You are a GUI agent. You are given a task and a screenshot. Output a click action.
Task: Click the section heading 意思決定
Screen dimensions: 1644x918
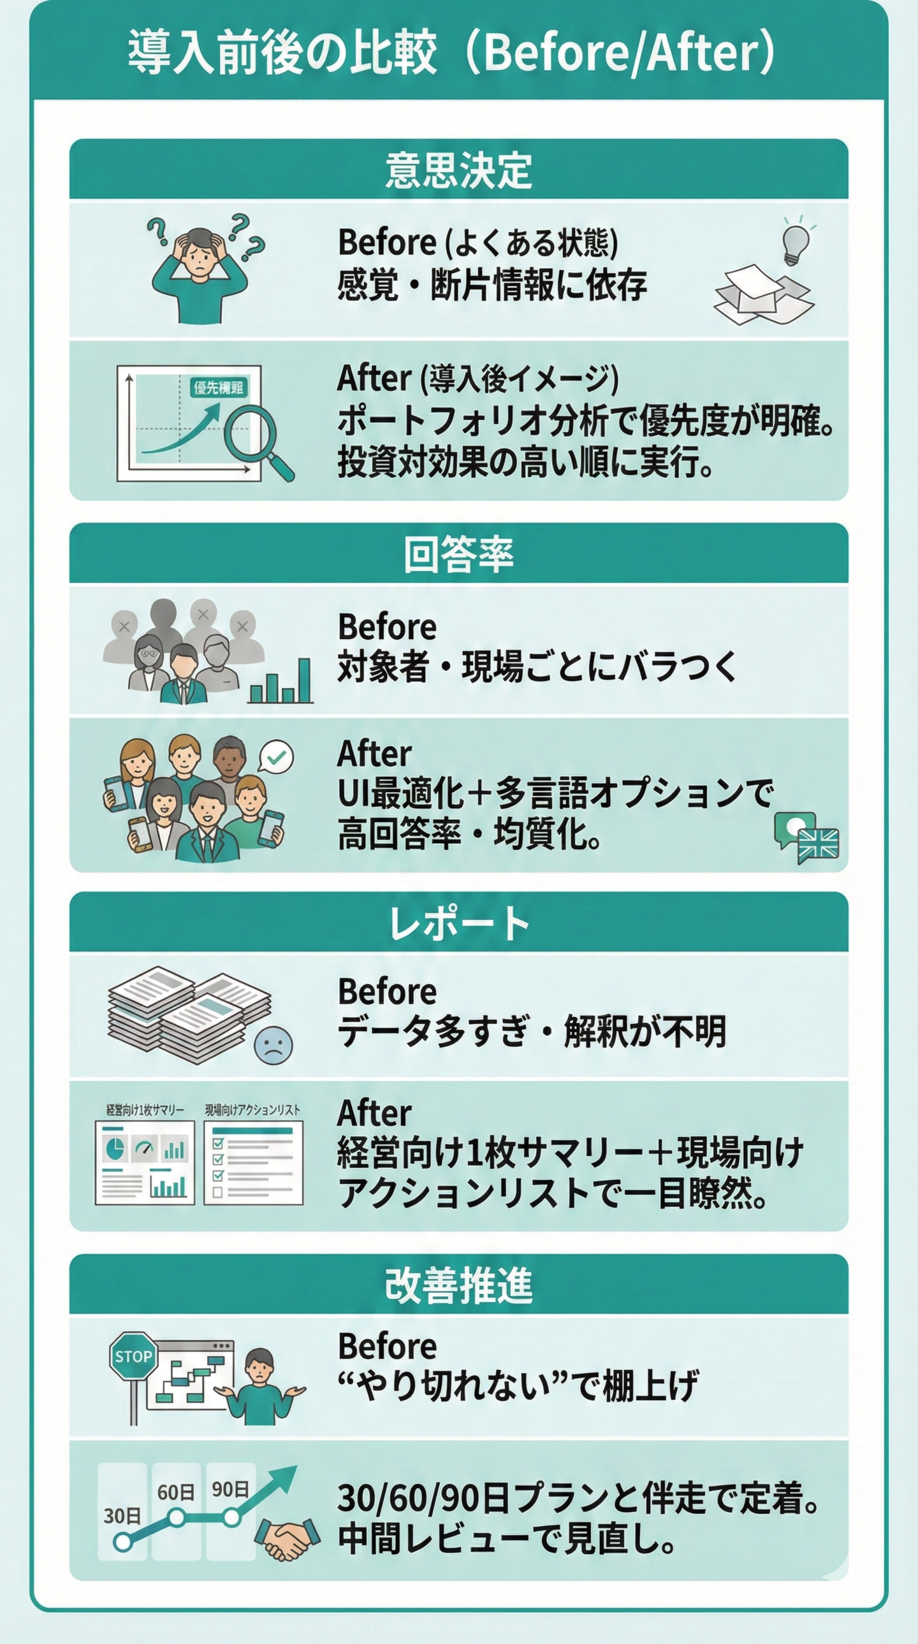pyautogui.click(x=458, y=170)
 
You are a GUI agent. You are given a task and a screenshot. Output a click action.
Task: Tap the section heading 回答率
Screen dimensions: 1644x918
pyautogui.click(x=458, y=554)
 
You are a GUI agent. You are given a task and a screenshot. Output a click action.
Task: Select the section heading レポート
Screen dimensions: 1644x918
pyautogui.click(x=458, y=923)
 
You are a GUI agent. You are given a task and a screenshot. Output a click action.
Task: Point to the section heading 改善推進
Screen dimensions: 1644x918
pyautogui.click(x=458, y=1285)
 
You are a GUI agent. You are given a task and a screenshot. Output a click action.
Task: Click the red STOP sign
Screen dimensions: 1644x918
pyautogui.click(x=133, y=1356)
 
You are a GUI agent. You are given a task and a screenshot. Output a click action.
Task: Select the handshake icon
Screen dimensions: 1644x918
pyautogui.click(x=288, y=1539)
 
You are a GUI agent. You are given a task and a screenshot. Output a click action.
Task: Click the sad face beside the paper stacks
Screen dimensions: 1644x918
pyautogui.click(x=273, y=1046)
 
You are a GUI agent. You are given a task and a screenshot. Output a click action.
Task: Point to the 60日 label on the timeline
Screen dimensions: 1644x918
pyautogui.click(x=175, y=1493)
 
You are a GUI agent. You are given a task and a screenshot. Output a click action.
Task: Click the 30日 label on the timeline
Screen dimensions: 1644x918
pyautogui.click(x=122, y=1516)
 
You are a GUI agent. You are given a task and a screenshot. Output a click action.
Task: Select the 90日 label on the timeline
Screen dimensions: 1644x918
pyautogui.click(x=230, y=1490)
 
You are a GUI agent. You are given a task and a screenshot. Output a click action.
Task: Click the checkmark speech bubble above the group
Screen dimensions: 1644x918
pyautogui.click(x=277, y=757)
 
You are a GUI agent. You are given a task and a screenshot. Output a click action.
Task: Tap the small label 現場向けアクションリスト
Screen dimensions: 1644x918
pyautogui.click(x=252, y=1110)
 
